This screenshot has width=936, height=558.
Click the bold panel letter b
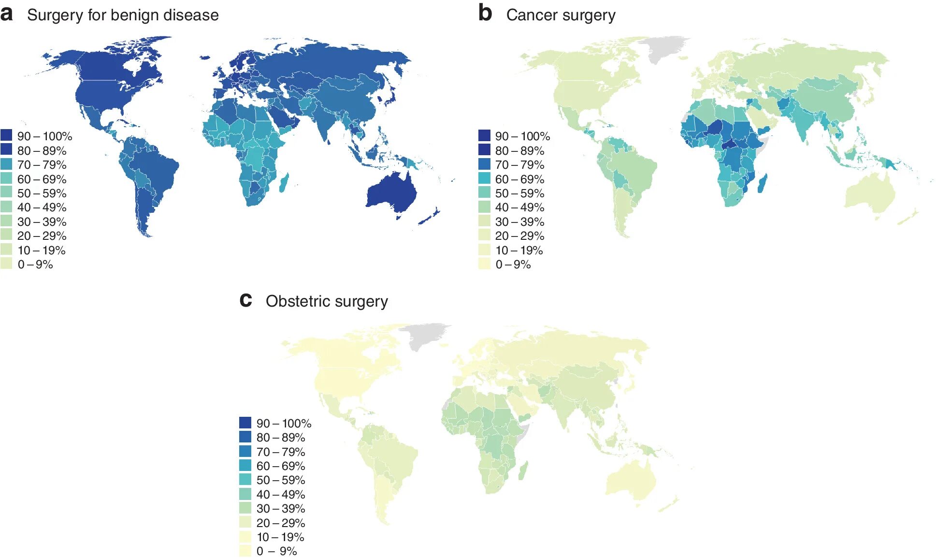(x=485, y=13)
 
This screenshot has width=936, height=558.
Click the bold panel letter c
(x=245, y=300)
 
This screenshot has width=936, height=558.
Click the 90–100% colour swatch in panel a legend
(x=6, y=135)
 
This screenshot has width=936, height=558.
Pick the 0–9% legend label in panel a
(x=35, y=264)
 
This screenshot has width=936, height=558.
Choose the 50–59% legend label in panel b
(x=519, y=193)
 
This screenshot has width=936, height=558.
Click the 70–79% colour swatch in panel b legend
(x=484, y=164)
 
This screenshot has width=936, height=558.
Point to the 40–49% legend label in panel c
(x=281, y=494)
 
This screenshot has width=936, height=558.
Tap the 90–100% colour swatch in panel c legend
(x=245, y=423)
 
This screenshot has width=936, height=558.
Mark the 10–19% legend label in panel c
(x=280, y=537)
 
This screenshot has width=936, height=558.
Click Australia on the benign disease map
(x=392, y=194)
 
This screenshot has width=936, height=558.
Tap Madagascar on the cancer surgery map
(x=763, y=184)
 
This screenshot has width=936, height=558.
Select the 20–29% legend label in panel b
(x=519, y=236)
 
